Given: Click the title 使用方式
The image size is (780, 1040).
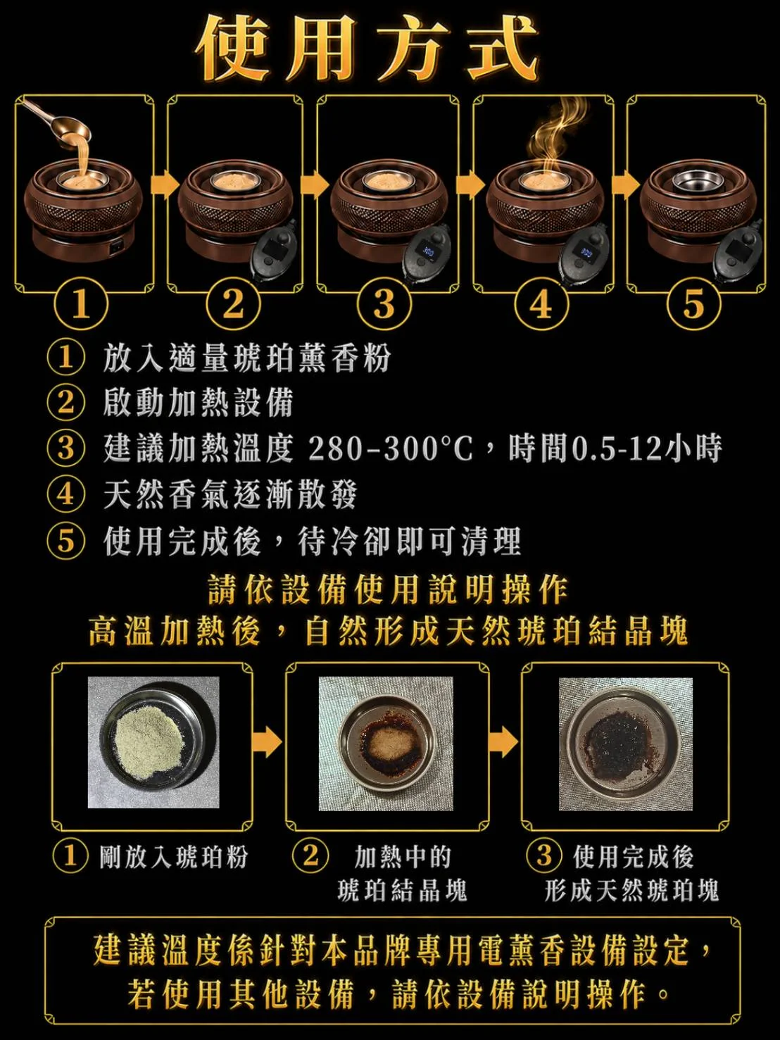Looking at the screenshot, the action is click(x=367, y=46).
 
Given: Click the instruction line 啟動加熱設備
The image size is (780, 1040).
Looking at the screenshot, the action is click(x=198, y=403).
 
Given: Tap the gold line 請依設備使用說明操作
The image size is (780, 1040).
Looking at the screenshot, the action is click(x=389, y=590).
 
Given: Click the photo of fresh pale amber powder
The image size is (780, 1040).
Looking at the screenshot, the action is click(x=153, y=742).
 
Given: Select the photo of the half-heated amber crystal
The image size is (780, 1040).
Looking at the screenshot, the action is click(x=386, y=744).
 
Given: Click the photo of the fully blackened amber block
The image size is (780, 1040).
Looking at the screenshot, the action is click(x=626, y=744).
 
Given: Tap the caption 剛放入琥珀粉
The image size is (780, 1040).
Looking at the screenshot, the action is click(x=173, y=857).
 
